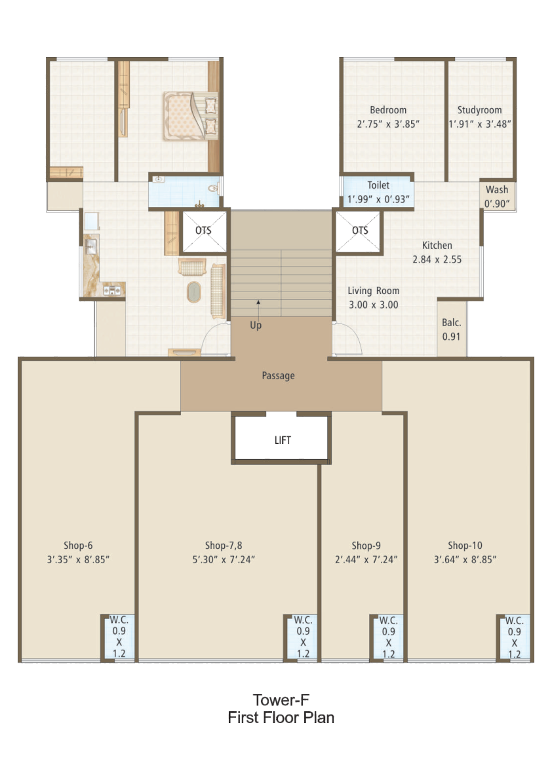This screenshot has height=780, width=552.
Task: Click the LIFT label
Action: pos(282,440)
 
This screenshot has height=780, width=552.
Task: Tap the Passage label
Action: pos(278,375)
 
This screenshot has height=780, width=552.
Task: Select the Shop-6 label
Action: pos(78,545)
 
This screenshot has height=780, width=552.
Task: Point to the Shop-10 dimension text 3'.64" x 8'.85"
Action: pos(465,560)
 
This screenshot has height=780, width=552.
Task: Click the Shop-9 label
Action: pos(366,545)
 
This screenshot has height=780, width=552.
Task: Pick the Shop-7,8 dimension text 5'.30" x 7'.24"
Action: pos(224,560)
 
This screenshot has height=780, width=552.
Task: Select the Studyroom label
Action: pos(479,110)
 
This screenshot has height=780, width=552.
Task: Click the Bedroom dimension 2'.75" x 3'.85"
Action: pos(388,124)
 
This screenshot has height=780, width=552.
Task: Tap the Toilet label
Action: pos(378,185)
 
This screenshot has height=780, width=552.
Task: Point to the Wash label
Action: pos(497,189)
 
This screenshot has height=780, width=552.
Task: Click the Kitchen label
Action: pos(437,245)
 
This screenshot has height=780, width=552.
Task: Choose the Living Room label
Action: pos(373,291)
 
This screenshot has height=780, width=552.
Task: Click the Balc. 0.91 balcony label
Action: pos(452,329)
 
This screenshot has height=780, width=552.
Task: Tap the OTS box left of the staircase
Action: pos(204,231)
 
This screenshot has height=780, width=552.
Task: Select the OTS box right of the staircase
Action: pos(359,231)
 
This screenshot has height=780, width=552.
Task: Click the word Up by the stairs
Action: pos(256,325)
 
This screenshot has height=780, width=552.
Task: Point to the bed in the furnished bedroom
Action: pos(191,116)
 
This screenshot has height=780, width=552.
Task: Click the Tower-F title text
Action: pos(281,700)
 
